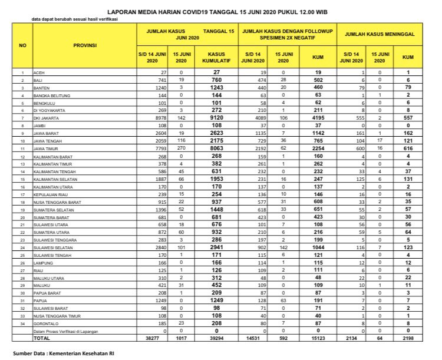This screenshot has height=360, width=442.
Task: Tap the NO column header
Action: click(x=22, y=45)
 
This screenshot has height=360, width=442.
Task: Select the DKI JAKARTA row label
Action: click(x=45, y=117)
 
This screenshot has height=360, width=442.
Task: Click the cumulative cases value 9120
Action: click(x=217, y=117)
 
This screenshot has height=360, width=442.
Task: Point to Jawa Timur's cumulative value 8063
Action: click(x=217, y=150)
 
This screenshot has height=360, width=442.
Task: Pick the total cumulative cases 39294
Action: click(x=217, y=338)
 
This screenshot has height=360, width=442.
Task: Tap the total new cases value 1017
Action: click(x=181, y=338)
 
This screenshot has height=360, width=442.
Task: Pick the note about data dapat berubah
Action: click(x=74, y=19)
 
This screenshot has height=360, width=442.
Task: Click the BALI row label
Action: click(x=38, y=79)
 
